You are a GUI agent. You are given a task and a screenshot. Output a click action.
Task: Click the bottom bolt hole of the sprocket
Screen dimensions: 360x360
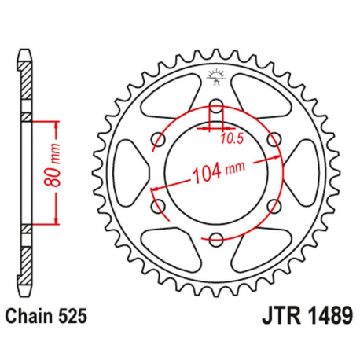pos(216,240)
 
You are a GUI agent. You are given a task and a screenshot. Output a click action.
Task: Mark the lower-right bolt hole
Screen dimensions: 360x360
pos(274,207)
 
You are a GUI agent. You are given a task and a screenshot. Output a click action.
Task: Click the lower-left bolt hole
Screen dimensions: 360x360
pos(158,207)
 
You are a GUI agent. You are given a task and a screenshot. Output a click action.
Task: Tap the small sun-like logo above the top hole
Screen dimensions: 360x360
pos(216,77)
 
